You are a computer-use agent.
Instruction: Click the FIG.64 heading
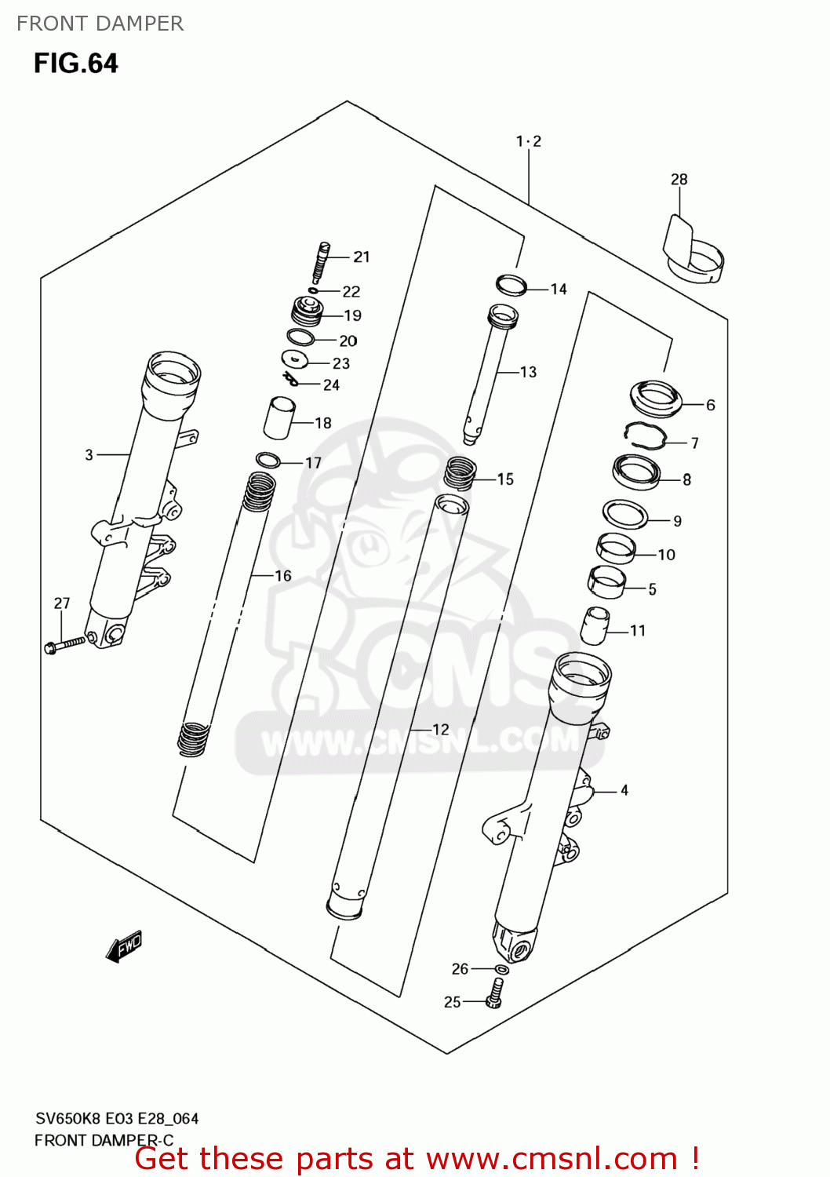(x=75, y=64)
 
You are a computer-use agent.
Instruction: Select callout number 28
(x=679, y=180)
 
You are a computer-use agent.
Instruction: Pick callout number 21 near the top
(x=361, y=257)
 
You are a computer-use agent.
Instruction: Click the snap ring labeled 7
(x=645, y=435)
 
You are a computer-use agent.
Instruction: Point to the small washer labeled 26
(x=501, y=970)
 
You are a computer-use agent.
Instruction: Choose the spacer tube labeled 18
(x=278, y=418)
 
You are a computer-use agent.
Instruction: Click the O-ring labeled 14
(x=511, y=285)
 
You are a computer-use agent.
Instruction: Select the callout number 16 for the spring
(x=282, y=576)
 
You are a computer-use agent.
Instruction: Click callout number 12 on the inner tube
(x=441, y=730)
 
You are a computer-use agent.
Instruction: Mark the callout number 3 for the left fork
(x=89, y=454)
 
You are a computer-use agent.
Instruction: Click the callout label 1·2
(x=528, y=141)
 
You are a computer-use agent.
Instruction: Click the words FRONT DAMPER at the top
(x=100, y=24)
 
